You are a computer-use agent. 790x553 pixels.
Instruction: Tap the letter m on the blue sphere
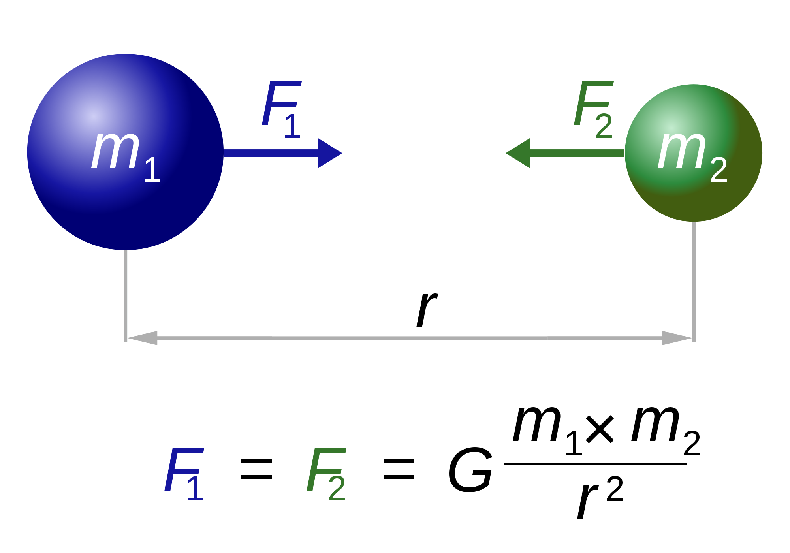coord(115,150)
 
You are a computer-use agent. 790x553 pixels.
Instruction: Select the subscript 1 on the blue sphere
coord(152,170)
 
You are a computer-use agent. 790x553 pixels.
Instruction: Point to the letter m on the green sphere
coord(682,150)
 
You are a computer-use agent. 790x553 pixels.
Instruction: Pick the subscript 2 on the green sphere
coord(719,170)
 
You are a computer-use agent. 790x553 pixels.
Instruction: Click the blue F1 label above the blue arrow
coord(281,109)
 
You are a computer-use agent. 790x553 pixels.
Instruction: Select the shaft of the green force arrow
coord(577,153)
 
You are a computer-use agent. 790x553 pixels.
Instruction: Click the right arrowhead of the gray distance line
coord(676,338)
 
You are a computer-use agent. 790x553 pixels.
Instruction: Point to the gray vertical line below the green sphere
coord(694,280)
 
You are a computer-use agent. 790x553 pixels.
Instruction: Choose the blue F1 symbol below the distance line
coord(184,474)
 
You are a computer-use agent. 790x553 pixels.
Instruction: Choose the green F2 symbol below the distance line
coord(326,474)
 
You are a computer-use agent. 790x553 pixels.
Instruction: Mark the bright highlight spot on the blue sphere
coord(93,116)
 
